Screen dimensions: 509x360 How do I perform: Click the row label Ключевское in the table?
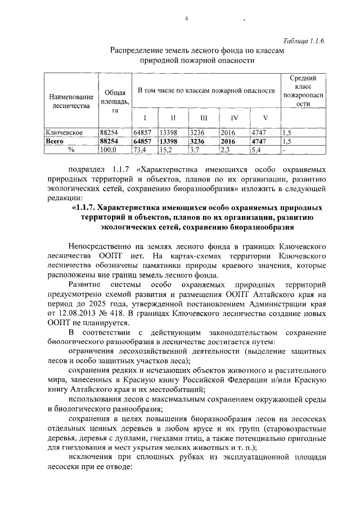65,133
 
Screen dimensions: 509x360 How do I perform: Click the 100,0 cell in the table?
107,150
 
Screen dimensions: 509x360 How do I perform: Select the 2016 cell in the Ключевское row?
228,133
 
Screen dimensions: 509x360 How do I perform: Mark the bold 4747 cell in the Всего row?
259,142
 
